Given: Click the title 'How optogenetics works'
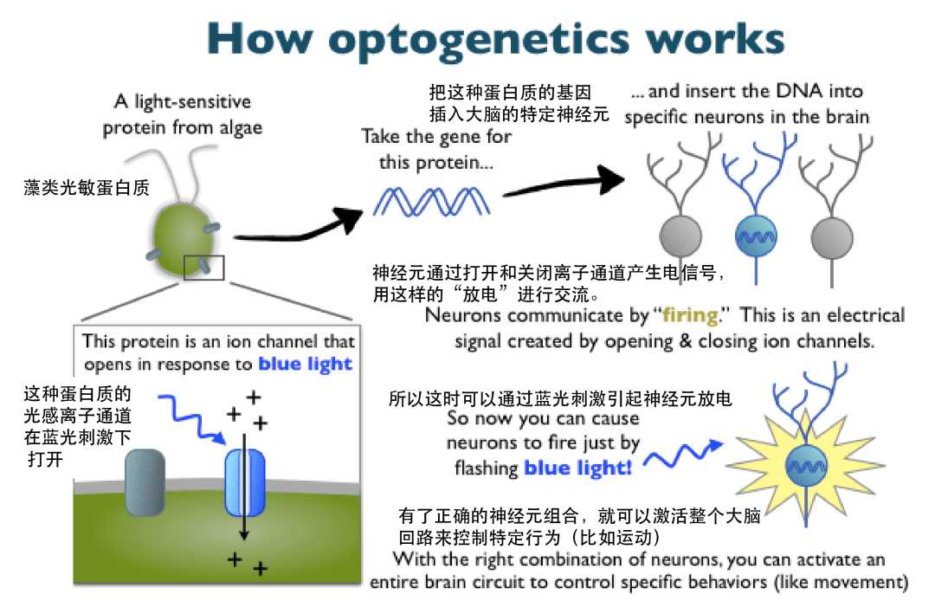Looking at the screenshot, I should pos(495,39).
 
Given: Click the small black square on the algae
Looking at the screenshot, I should pos(203,268).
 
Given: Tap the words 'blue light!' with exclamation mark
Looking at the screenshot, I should pos(577,469).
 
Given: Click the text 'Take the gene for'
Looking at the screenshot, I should pos(436,137).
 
